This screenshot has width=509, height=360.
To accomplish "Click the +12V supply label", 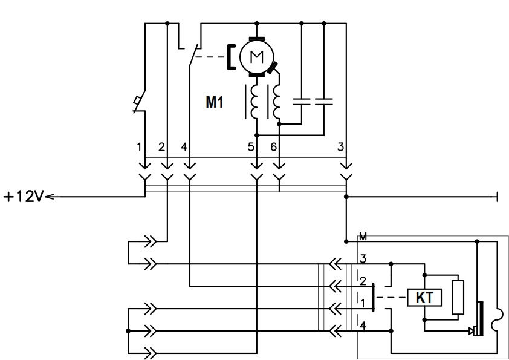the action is (x=24, y=197).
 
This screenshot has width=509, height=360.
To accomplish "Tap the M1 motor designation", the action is (x=215, y=102).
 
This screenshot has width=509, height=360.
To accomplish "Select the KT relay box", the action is (x=424, y=297).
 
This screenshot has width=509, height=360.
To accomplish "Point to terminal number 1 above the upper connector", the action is (x=139, y=147).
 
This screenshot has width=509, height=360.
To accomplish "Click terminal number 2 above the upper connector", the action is (x=161, y=147).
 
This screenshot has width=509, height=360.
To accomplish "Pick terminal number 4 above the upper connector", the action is (x=184, y=147).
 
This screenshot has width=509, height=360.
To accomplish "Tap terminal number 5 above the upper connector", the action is (x=251, y=147).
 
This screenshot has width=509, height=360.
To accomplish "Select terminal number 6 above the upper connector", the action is (x=274, y=147).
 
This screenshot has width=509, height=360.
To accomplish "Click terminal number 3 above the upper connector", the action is (x=340, y=147).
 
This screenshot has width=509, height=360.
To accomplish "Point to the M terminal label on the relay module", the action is (x=363, y=237).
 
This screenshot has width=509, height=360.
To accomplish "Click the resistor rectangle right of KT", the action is (x=458, y=297).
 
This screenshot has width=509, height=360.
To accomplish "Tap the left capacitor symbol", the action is (x=302, y=102).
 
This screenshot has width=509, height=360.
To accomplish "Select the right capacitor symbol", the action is (x=324, y=102).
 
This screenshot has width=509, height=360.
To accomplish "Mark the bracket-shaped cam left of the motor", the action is (x=231, y=57).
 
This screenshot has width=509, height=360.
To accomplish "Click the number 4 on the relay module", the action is (x=363, y=326).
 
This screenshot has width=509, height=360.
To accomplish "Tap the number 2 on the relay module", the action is (x=363, y=281).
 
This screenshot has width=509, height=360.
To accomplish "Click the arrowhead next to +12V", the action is (x=50, y=197).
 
